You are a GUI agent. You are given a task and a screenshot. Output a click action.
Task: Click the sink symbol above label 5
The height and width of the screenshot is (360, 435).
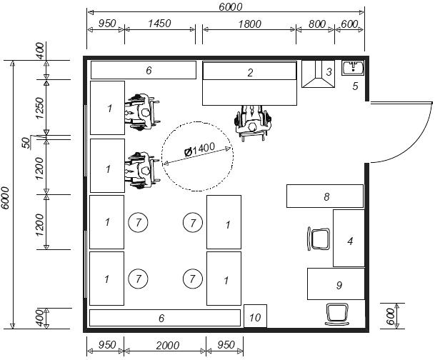click(x=353, y=68)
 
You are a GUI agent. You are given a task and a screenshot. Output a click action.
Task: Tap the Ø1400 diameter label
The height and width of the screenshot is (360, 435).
click(x=199, y=149)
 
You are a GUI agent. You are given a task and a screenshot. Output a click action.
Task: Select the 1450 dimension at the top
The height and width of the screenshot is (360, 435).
click(x=159, y=24)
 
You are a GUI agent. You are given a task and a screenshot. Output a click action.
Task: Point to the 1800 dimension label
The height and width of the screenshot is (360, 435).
click(x=250, y=24)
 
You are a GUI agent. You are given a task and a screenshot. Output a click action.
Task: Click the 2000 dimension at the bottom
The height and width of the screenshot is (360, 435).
click(x=167, y=346)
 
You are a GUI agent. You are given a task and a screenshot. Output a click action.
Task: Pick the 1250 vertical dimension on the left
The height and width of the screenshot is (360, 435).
click(x=41, y=108)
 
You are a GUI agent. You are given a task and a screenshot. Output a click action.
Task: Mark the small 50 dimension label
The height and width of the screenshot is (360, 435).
click(x=26, y=143)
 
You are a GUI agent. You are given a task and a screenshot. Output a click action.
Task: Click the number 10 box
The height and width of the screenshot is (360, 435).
click(x=255, y=316)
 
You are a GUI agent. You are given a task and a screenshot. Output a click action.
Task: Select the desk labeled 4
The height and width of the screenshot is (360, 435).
click(x=349, y=239)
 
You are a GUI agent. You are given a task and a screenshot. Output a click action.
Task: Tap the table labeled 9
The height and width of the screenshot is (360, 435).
click(x=336, y=284)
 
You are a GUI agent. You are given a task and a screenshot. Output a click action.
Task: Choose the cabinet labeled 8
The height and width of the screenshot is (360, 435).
click(x=325, y=196)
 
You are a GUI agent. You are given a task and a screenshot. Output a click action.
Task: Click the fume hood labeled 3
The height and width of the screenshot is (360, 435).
click(x=318, y=74)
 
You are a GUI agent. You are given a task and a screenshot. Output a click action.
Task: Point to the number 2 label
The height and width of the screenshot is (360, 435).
click(x=250, y=73)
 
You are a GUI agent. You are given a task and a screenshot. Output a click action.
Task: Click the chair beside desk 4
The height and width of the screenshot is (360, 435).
click(x=319, y=239)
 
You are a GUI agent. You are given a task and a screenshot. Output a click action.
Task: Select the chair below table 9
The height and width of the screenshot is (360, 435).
click(x=337, y=314)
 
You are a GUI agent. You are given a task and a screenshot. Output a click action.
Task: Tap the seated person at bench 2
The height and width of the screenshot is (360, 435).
click(x=252, y=123)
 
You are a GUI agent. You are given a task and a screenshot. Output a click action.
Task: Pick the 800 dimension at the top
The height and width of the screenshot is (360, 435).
click(x=317, y=24)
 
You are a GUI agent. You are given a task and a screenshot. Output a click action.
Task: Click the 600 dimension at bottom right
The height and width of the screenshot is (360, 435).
click(x=390, y=316)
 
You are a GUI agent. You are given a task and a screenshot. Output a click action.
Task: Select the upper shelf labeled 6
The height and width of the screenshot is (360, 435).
click(x=144, y=70)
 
